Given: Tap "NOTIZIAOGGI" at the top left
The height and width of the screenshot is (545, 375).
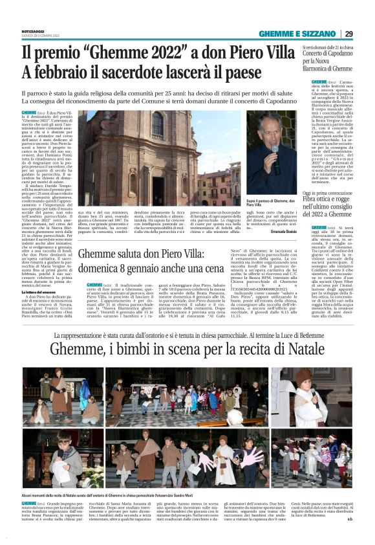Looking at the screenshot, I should click(32, 30).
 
